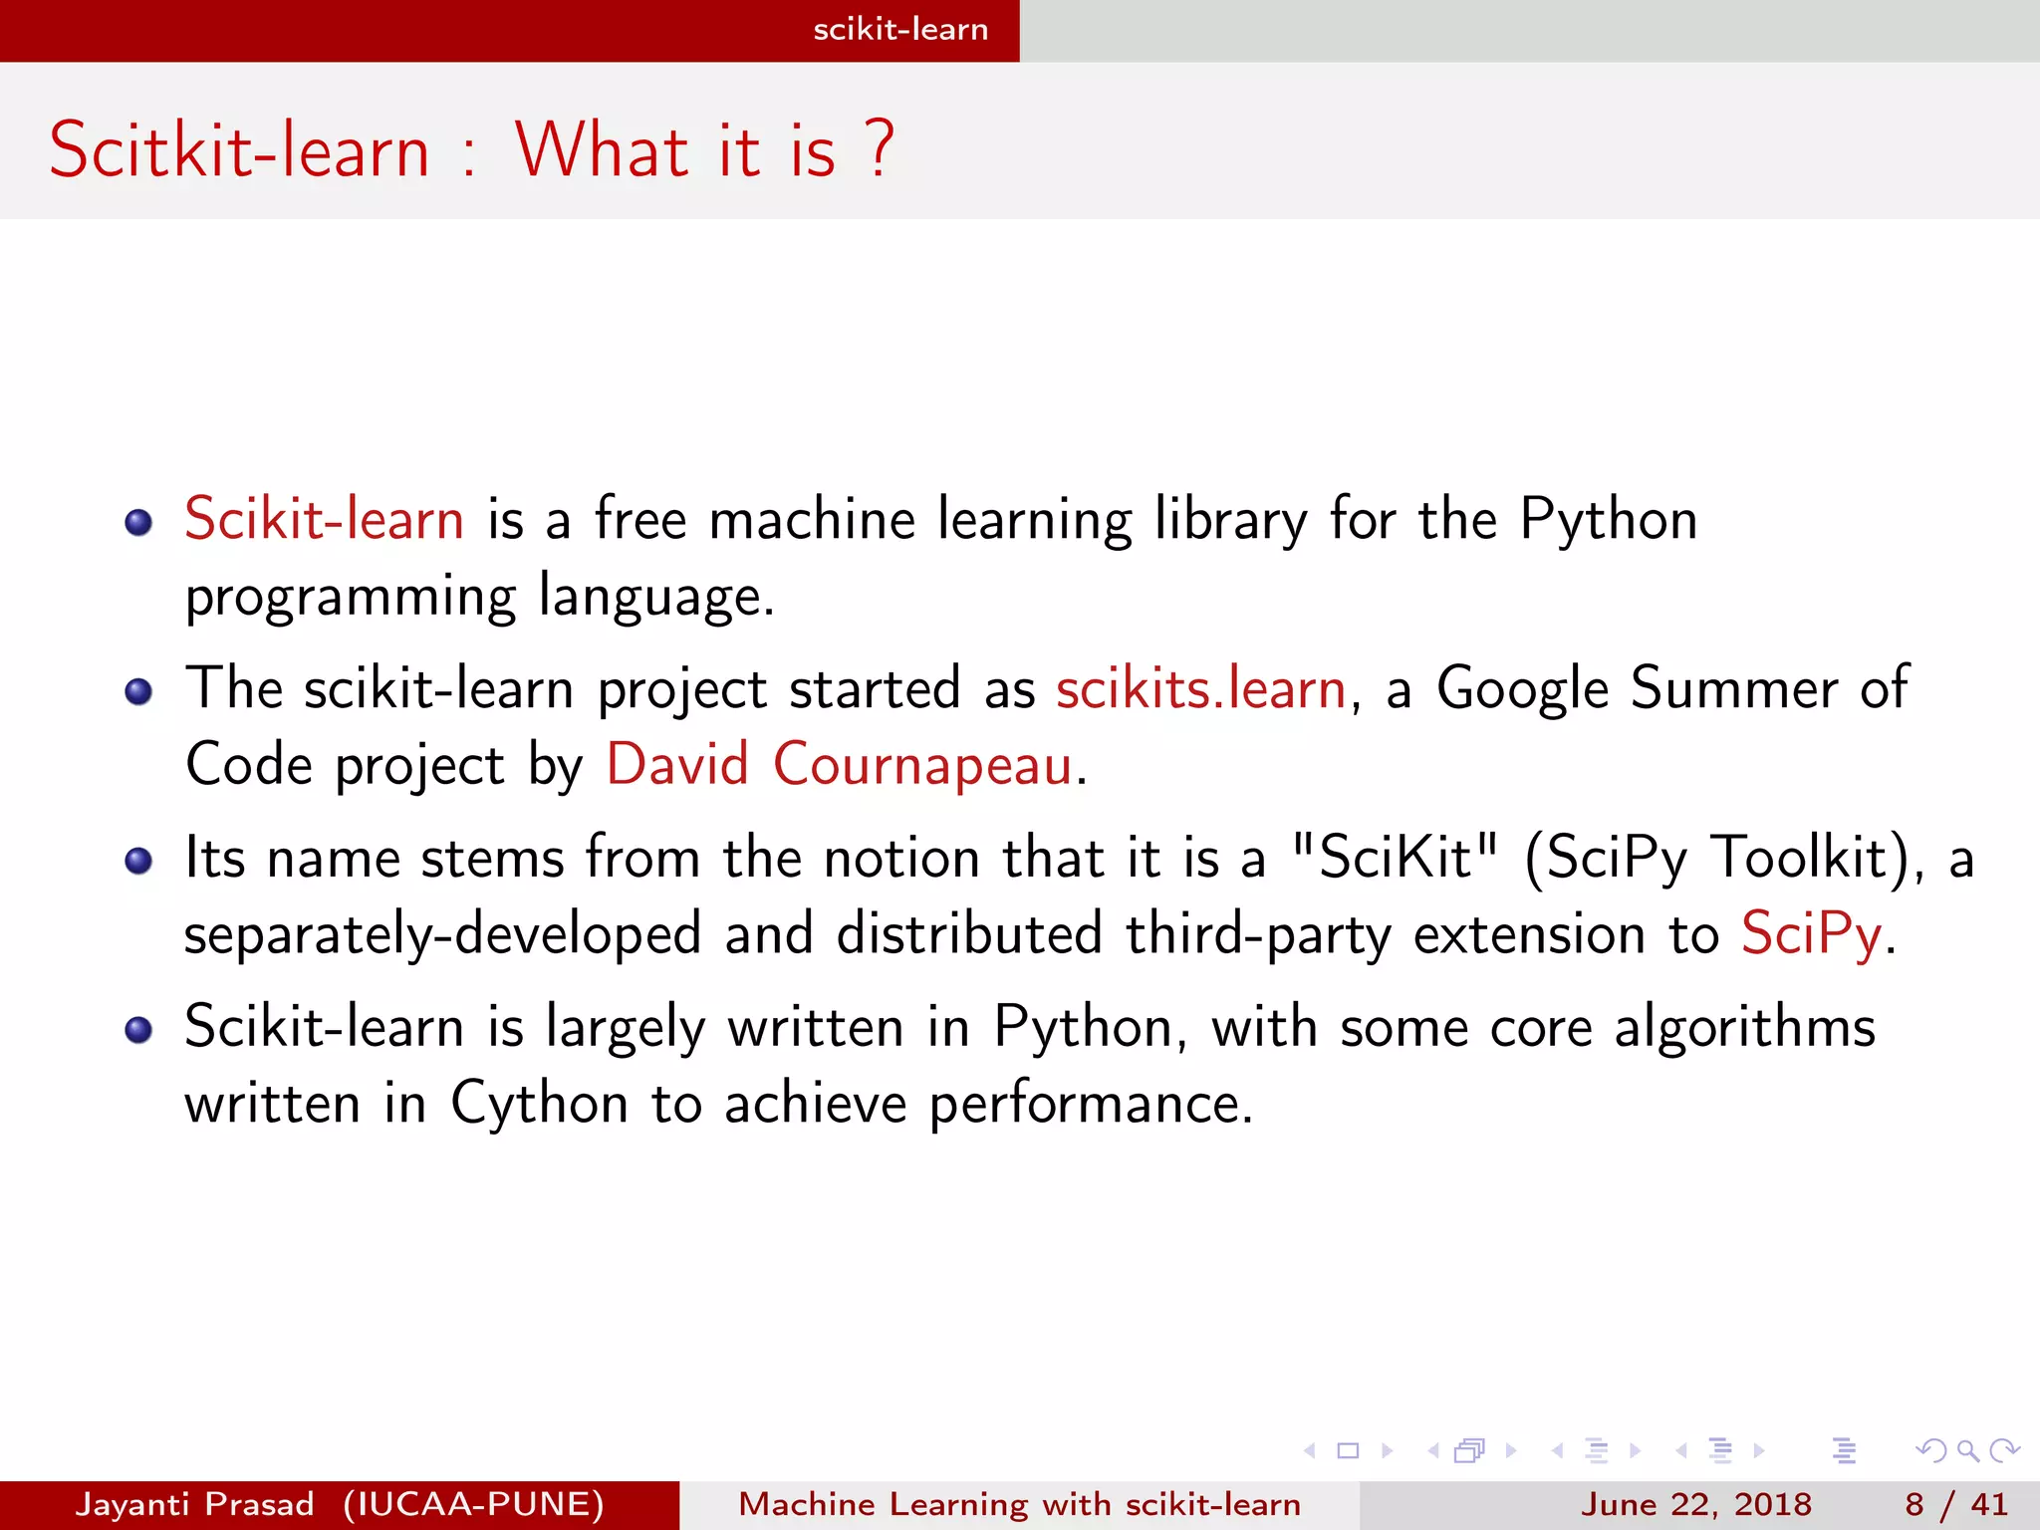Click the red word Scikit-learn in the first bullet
(324, 520)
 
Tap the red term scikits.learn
(1201, 689)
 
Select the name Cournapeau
(922, 766)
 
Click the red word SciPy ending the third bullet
(1811, 935)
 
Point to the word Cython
(539, 1105)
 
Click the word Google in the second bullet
(1522, 689)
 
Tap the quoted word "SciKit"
(1394, 858)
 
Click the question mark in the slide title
(880, 149)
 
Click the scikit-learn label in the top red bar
(900, 30)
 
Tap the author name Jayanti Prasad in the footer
(194, 1504)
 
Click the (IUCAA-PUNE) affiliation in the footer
(473, 1504)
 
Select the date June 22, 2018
(1695, 1504)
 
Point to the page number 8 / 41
(1956, 1504)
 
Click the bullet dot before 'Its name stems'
(138, 861)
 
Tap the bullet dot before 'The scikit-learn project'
(138, 691)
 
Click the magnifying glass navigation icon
(1967, 1450)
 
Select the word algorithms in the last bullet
(1744, 1028)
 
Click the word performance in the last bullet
(1090, 1105)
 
